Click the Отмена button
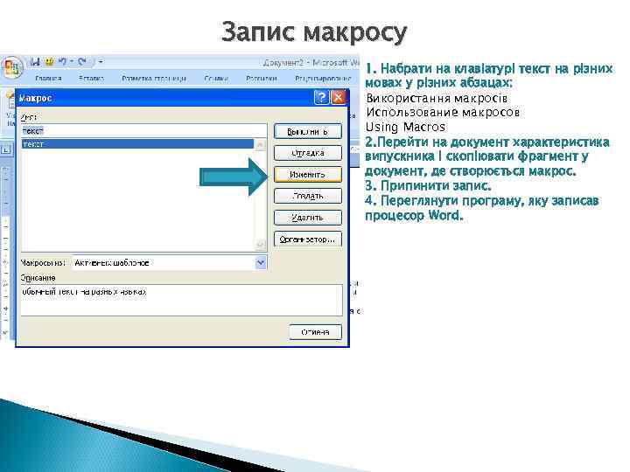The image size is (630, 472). pos(316,331)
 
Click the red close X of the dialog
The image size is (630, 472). pos(338,97)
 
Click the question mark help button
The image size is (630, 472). pos(322,97)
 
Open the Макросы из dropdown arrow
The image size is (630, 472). pos(260,261)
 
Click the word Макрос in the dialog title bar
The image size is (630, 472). pos(36,97)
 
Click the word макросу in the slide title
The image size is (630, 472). pos(355,33)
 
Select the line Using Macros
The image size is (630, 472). pos(405,127)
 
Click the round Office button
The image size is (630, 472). pos(11,67)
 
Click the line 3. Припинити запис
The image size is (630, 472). pos(428,185)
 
